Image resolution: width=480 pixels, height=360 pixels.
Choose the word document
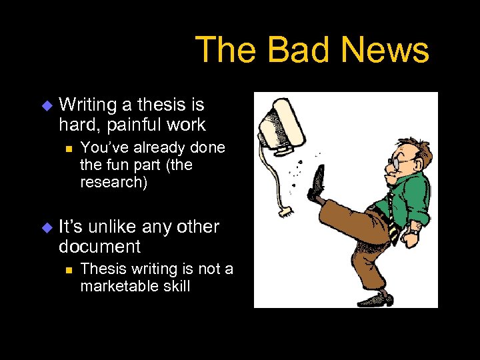[99, 247]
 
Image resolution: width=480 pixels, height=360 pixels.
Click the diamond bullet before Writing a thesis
[46, 105]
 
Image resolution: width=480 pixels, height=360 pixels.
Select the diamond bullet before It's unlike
[46, 227]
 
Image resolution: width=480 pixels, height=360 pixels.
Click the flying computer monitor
[279, 123]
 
